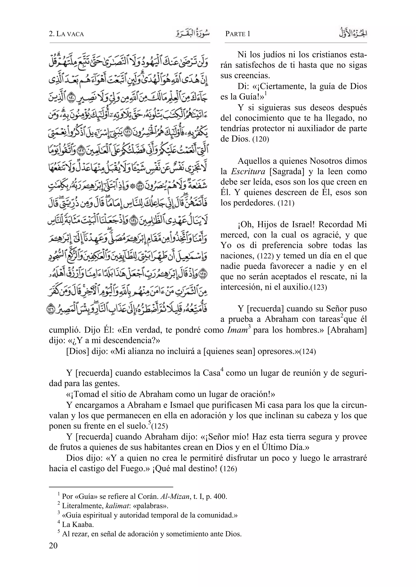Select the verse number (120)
tap(261, 140)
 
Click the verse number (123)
tap(318, 288)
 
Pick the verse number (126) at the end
tap(229, 469)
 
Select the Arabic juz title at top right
tap(353, 33)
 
